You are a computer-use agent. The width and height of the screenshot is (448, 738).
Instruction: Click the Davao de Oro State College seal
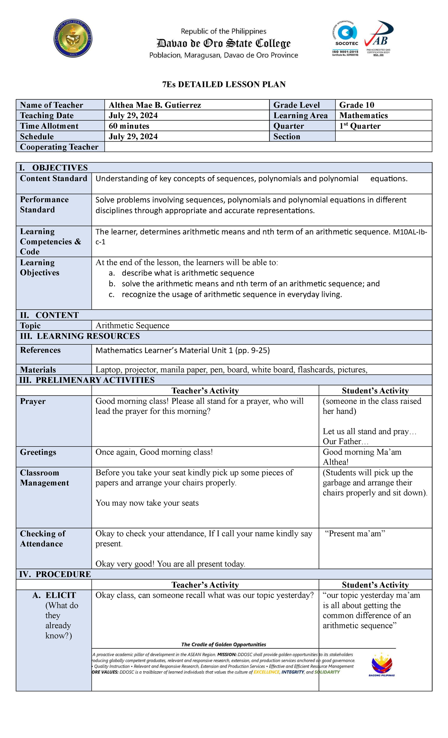[x=73, y=38]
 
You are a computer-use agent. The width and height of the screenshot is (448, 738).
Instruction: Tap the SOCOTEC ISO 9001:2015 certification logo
[x=345, y=39]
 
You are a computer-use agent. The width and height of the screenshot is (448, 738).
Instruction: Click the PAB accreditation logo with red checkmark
[x=379, y=38]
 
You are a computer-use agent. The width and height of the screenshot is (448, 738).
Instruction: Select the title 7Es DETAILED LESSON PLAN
[x=224, y=84]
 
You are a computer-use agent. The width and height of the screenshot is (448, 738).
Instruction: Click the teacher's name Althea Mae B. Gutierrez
[x=155, y=105]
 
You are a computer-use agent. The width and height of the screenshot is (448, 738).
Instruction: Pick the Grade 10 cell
[x=357, y=105]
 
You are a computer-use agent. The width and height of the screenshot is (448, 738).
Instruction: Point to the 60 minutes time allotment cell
[x=129, y=126]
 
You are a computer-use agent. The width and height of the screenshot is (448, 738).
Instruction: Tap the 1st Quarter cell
[x=360, y=126]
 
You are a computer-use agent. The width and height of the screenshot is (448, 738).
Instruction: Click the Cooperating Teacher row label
[x=59, y=147]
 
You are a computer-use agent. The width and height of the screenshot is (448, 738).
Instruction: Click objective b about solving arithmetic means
[x=250, y=284]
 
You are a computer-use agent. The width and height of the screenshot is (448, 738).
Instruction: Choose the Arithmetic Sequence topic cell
[x=133, y=325]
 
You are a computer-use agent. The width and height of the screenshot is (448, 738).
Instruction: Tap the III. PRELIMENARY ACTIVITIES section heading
[x=87, y=380]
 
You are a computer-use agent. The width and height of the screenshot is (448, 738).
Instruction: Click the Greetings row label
[x=38, y=452]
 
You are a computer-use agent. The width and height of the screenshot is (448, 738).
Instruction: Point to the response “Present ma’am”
[x=355, y=534]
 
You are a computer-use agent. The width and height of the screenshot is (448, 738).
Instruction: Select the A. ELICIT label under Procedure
[x=54, y=595]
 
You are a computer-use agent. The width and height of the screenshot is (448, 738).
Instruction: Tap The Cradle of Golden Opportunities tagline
[x=224, y=644]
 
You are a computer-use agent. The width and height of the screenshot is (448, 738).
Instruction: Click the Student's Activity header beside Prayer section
[x=375, y=391]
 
